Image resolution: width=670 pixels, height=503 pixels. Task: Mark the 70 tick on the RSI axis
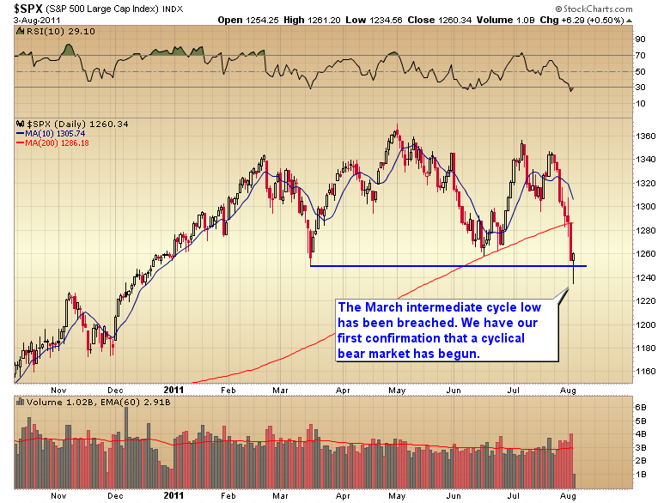[639, 56]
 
